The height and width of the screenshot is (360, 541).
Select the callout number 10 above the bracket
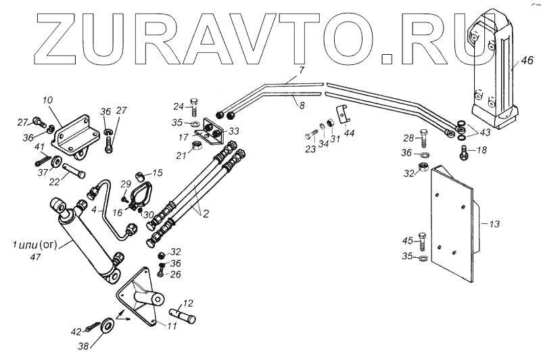(x=47, y=100)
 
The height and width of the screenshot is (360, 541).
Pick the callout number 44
(x=349, y=133)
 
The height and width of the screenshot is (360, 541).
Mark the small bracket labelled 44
(x=344, y=116)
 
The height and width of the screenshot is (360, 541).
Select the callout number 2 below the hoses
(x=206, y=215)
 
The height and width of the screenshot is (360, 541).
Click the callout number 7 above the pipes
(x=302, y=70)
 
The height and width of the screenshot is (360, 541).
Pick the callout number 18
(x=481, y=150)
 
